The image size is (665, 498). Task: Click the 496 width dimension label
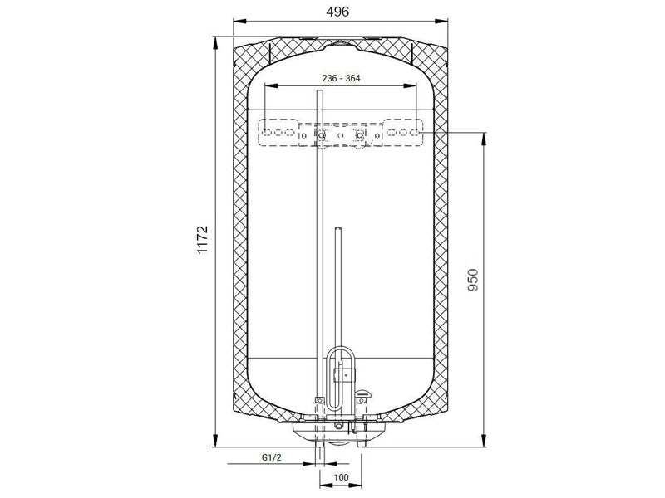coord(337,12)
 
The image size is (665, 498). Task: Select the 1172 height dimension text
coord(203,240)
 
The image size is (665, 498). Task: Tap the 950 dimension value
coord(472,280)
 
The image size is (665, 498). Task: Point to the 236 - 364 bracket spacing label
coord(341,78)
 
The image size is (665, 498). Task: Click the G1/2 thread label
coord(272,457)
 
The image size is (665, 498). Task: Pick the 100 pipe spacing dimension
coord(341,478)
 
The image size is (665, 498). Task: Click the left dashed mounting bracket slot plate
coord(278,133)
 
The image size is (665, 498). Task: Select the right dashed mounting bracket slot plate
coord(403,133)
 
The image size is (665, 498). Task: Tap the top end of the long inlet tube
coord(320,91)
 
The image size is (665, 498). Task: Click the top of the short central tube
coord(338,230)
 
